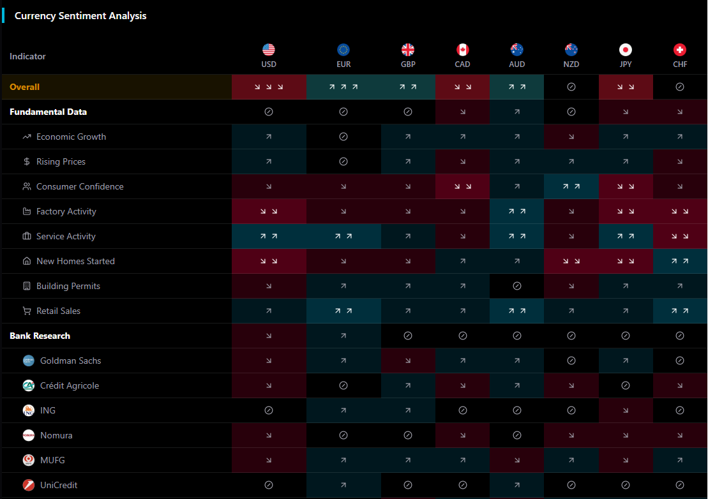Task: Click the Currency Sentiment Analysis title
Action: point(80,16)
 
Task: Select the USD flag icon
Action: point(269,50)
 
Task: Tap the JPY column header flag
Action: point(626,50)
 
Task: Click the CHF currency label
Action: point(680,64)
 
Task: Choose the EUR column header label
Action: point(343,64)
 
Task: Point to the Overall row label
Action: point(25,87)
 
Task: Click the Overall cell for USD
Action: point(269,87)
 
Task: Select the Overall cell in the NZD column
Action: point(571,87)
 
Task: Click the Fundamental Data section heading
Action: point(49,112)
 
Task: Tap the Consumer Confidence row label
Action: point(80,186)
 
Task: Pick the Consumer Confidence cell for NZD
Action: point(571,186)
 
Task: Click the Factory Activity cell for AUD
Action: point(517,211)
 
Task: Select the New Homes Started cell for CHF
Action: point(680,261)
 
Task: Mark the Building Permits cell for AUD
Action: point(517,286)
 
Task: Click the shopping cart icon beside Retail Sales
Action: point(27,311)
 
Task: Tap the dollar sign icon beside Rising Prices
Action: point(27,161)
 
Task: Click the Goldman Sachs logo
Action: point(28,361)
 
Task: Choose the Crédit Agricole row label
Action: point(70,385)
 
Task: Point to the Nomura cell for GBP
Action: point(408,435)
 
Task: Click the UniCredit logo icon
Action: point(28,485)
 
